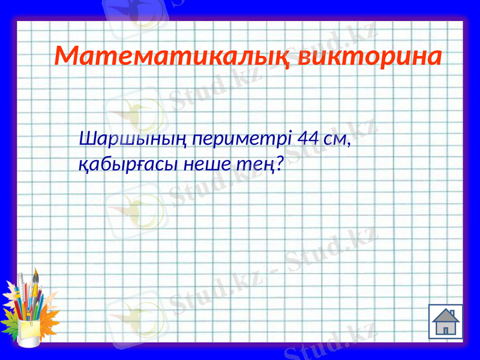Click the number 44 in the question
(x=308, y=140)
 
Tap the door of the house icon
(x=446, y=329)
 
